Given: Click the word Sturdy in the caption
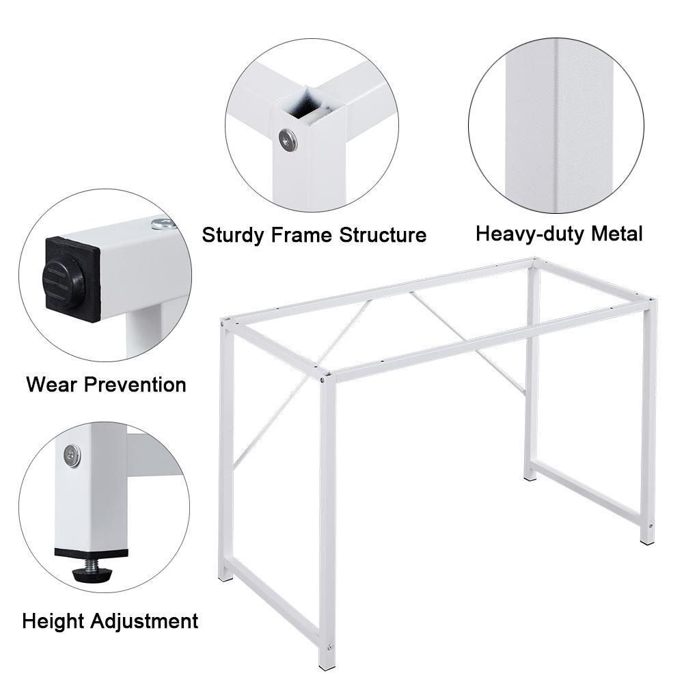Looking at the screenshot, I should pyautogui.click(x=232, y=235).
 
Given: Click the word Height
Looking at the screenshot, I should pyautogui.click(x=51, y=621).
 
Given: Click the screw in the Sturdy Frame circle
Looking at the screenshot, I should pyautogui.click(x=288, y=141).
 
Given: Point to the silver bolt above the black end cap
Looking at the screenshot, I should pyautogui.click(x=162, y=223).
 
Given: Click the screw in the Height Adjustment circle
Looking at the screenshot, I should pyautogui.click(x=71, y=454).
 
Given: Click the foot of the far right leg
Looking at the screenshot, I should pyautogui.click(x=647, y=540).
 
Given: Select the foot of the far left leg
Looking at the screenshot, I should pyautogui.click(x=225, y=576).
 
